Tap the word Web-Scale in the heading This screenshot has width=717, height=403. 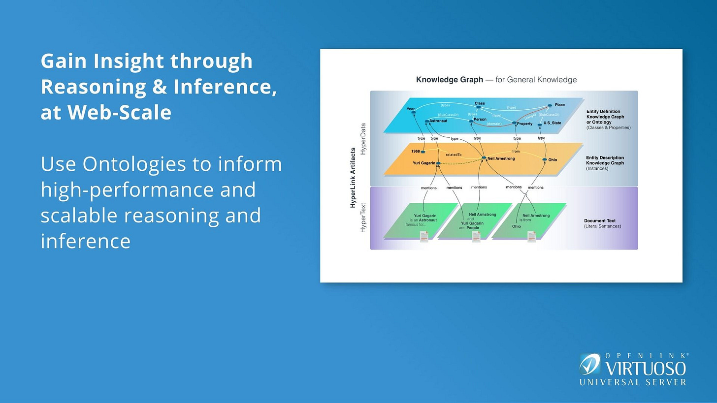pos(119,112)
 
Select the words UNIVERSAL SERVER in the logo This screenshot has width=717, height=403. pos(632,382)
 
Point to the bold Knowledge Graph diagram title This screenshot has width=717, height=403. pos(449,80)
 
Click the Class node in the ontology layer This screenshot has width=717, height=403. pos(479,104)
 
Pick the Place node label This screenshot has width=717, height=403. pos(559,105)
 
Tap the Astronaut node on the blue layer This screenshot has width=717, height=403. pos(438,121)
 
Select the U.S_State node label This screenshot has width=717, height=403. pos(552,123)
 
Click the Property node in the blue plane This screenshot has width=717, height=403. pos(524,124)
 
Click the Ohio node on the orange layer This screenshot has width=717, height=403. pos(553,160)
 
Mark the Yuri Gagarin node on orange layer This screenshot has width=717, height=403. pos(423,163)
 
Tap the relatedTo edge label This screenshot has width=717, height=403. pos(454,155)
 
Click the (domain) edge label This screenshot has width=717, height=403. pos(494,124)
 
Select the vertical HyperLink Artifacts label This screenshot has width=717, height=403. pos(353,177)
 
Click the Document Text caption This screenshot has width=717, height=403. pos(599,221)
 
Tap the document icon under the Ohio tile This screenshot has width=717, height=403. pos(531,237)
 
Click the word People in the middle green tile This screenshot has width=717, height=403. pos(473,228)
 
